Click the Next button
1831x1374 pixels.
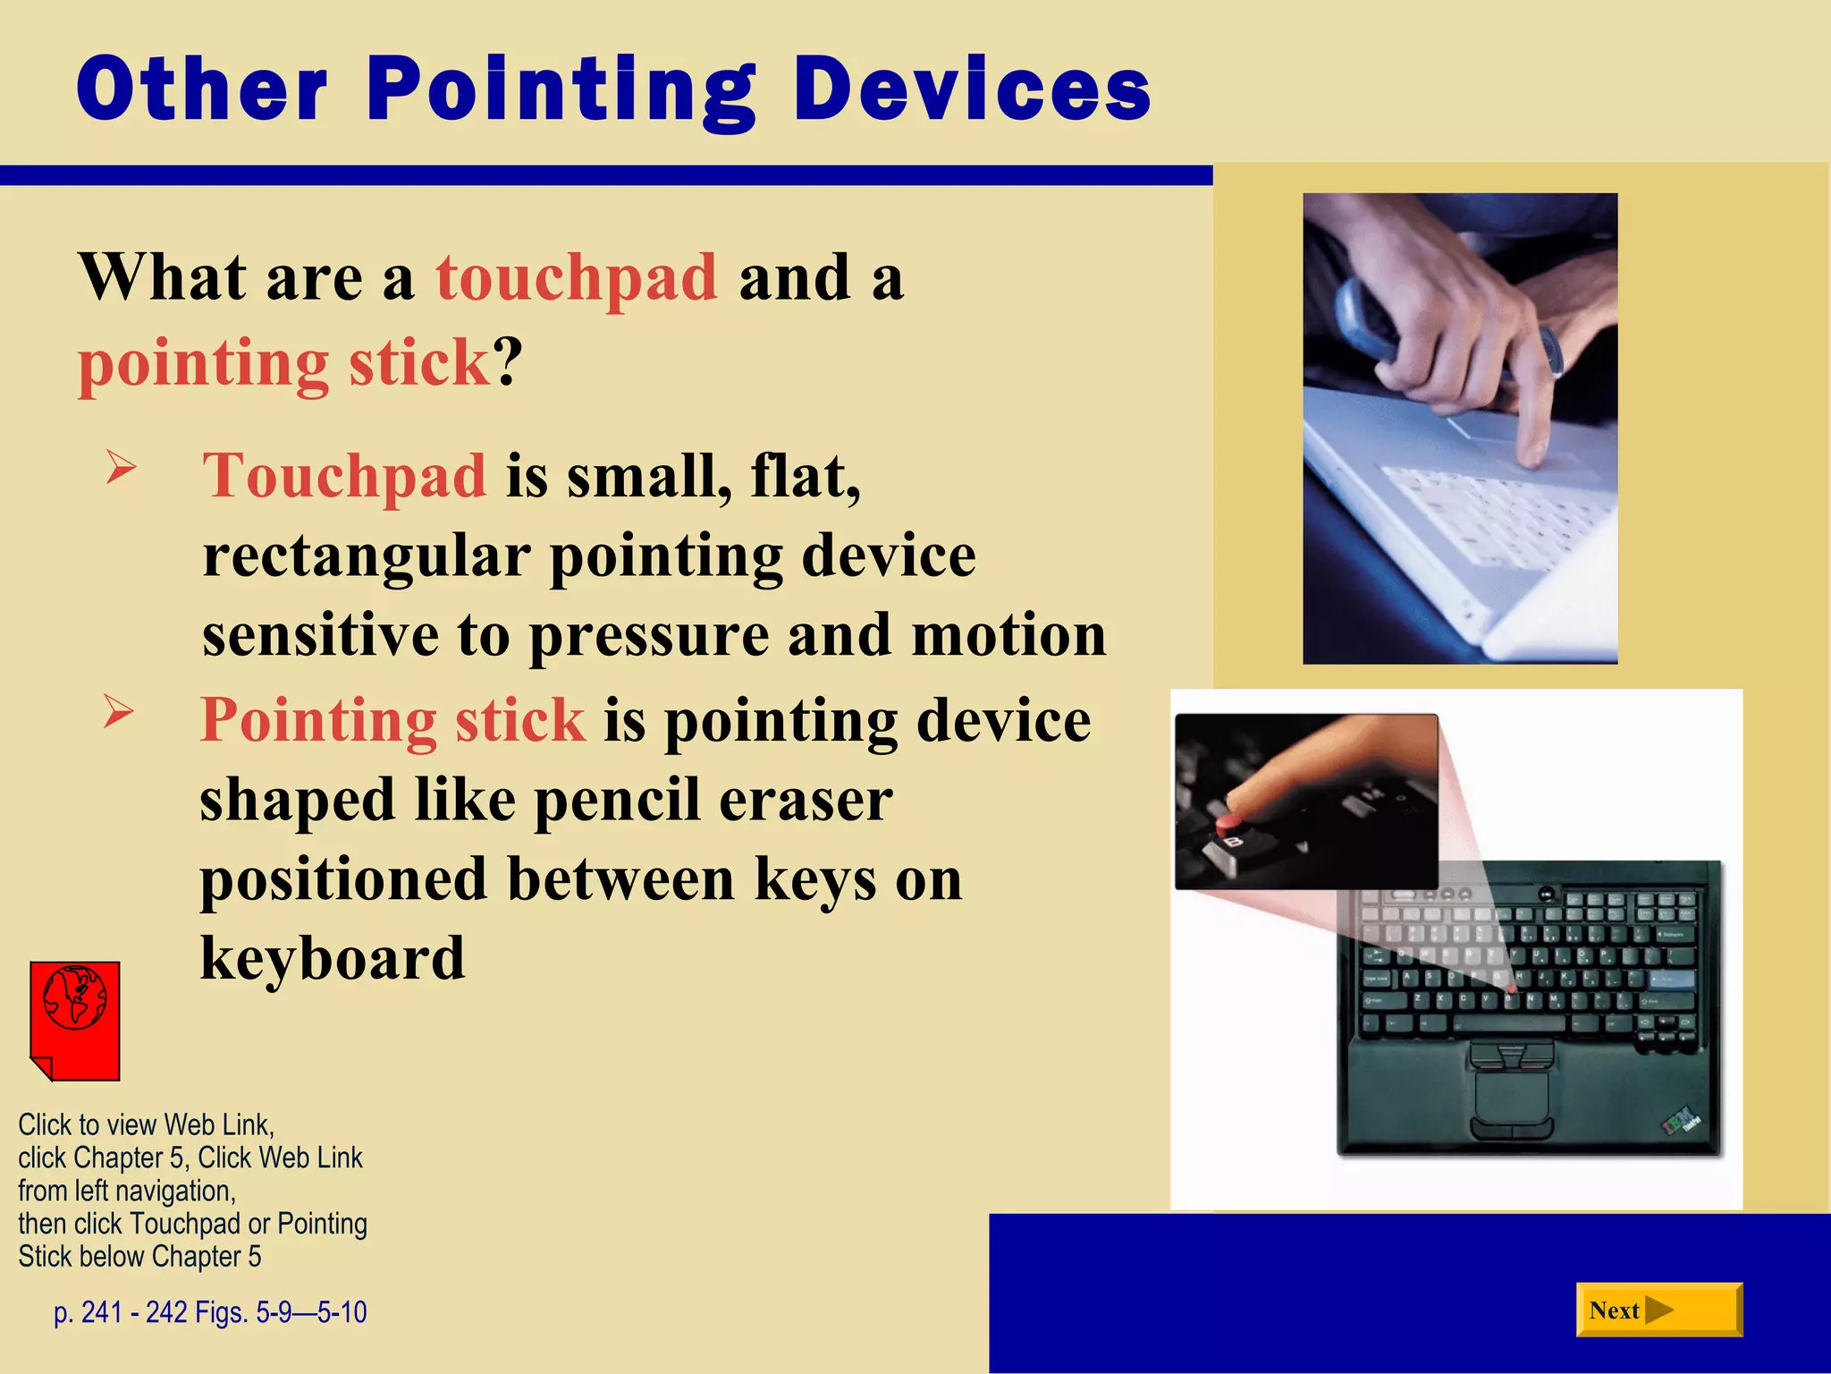pos(1658,1310)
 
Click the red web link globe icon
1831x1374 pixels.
pos(75,1020)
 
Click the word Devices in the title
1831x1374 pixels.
pos(972,89)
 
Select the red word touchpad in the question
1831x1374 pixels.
pos(577,277)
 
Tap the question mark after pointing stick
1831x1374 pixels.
pos(509,362)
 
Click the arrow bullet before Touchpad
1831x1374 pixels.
pos(121,467)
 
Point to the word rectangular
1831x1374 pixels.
pos(367,556)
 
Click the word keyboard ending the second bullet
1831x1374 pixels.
pos(333,958)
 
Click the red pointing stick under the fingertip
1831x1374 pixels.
pos(1229,819)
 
